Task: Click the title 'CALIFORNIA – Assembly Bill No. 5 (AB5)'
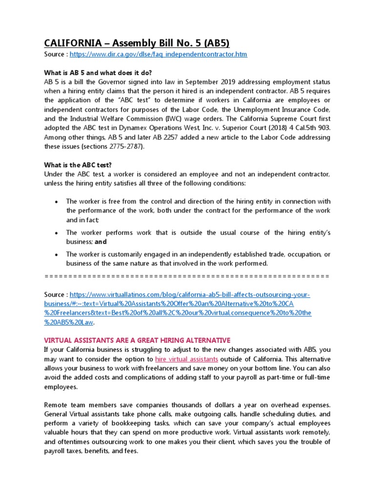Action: coord(137,43)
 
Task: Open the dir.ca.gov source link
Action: coord(158,55)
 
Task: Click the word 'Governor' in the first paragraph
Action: coord(126,81)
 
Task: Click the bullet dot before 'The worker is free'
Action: coord(57,202)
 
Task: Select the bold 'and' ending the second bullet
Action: coord(101,242)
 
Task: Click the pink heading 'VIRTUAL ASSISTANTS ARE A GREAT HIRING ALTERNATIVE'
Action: coord(137,340)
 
